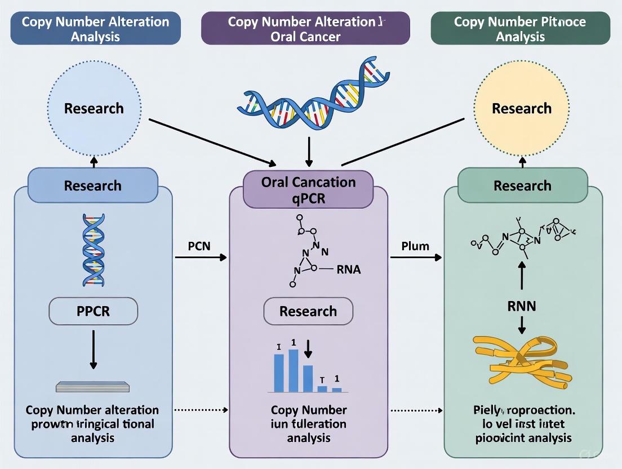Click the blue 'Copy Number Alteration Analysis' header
point(95,29)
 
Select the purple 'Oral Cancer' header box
point(305,29)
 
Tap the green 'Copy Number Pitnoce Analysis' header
point(520,29)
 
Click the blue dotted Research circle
point(94,108)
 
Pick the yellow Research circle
point(522,108)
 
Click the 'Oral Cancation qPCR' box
point(308,189)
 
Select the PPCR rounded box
point(93,311)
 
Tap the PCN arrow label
point(200,246)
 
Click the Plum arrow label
point(415,246)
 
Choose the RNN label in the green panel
point(522,306)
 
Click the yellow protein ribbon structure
point(521,361)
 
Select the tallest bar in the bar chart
point(293,370)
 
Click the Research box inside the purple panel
point(308,311)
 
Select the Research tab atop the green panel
point(522,185)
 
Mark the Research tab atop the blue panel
point(93,185)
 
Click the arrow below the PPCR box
point(93,349)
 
